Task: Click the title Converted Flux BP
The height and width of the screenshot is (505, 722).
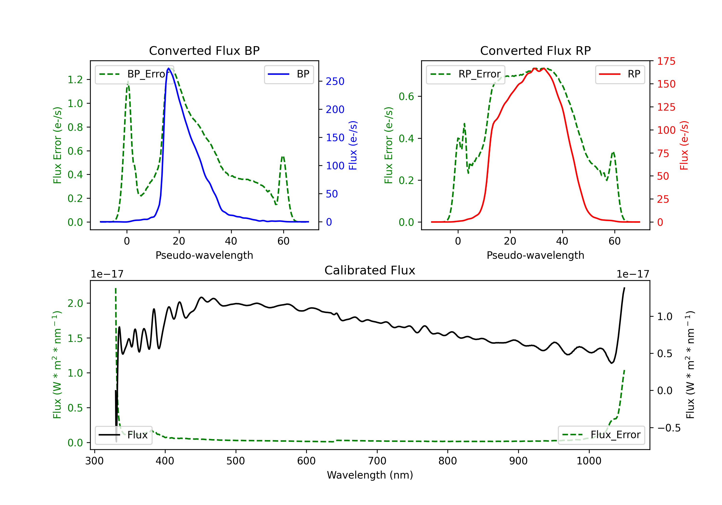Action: click(x=204, y=50)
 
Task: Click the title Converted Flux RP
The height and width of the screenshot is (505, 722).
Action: click(x=535, y=50)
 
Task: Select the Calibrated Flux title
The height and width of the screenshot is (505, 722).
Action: click(x=370, y=270)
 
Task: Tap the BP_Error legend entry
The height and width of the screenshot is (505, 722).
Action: click(x=134, y=74)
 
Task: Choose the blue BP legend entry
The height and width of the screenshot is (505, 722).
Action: click(x=289, y=74)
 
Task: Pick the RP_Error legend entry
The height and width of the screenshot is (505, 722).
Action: click(x=465, y=74)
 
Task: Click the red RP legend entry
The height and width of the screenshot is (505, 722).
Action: click(x=620, y=74)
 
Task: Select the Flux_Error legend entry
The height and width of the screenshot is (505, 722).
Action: click(x=601, y=435)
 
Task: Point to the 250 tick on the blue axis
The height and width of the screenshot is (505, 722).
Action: click(x=335, y=81)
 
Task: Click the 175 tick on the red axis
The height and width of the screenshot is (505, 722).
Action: click(x=666, y=61)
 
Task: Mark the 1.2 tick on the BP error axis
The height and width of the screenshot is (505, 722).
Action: click(x=75, y=80)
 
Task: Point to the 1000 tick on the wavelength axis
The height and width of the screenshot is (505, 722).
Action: click(x=589, y=461)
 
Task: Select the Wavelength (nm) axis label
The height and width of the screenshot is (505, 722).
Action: click(x=370, y=475)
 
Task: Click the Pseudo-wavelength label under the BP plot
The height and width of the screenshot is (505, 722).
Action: click(x=204, y=255)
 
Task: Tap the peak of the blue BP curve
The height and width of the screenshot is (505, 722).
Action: click(x=168, y=68)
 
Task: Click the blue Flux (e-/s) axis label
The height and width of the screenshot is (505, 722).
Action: click(x=353, y=145)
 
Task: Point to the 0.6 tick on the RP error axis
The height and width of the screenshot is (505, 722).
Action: click(x=406, y=96)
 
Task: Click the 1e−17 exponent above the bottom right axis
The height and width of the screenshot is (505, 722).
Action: click(x=633, y=274)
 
